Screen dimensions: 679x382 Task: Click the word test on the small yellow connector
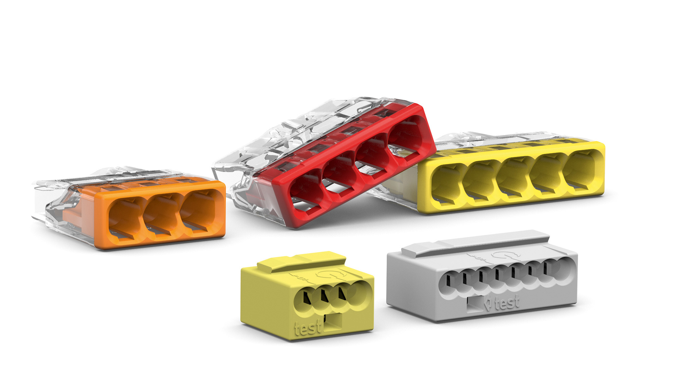point(308,327)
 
